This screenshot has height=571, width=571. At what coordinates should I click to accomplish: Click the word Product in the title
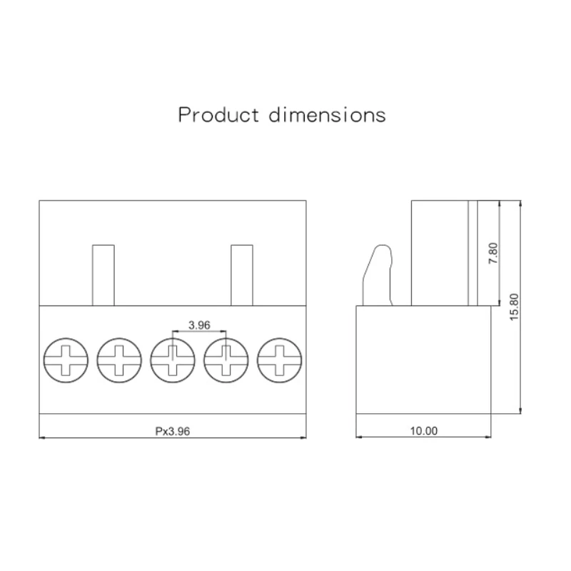click(x=218, y=115)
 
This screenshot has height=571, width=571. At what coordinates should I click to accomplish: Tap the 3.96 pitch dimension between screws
click(x=199, y=325)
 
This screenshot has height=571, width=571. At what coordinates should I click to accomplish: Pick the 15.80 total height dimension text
click(x=515, y=307)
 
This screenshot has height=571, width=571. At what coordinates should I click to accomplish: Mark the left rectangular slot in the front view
click(x=103, y=275)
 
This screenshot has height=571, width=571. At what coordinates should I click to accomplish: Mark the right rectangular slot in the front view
click(x=241, y=275)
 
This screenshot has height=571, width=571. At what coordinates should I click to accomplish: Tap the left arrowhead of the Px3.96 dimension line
click(x=42, y=438)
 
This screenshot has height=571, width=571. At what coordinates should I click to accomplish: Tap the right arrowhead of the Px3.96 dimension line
click(x=303, y=438)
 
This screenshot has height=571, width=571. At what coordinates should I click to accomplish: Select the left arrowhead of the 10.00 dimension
click(x=359, y=438)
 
